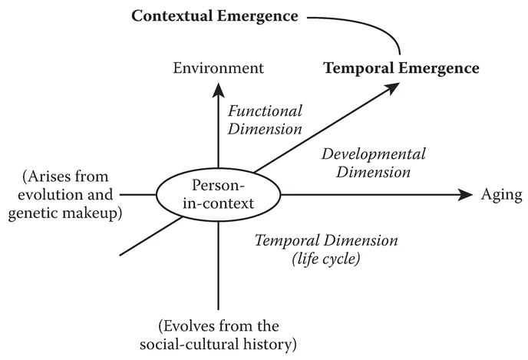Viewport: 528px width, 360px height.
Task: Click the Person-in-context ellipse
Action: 219,195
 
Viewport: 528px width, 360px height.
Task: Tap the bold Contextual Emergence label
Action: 214,15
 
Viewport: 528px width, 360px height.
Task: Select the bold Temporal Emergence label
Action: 401,68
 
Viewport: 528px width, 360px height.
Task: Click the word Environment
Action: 218,68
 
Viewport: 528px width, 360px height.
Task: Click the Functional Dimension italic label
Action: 266,119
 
